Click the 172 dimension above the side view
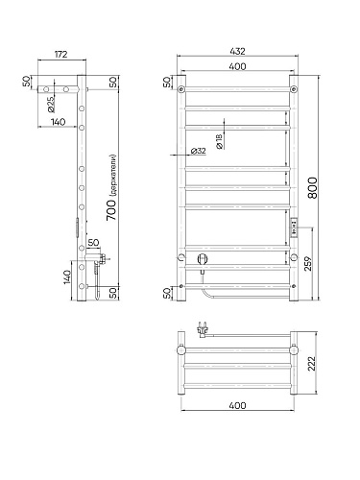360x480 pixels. click(x=60, y=54)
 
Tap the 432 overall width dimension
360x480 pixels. click(x=237, y=51)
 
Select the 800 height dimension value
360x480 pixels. click(x=313, y=187)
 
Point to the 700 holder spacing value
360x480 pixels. click(x=111, y=209)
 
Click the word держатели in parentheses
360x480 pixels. click(x=113, y=176)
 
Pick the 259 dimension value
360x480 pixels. click(x=307, y=263)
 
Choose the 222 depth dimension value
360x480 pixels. click(x=311, y=364)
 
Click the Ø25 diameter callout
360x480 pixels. click(x=51, y=105)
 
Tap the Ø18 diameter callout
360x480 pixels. click(x=219, y=141)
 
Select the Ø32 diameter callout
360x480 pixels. click(x=198, y=151)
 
